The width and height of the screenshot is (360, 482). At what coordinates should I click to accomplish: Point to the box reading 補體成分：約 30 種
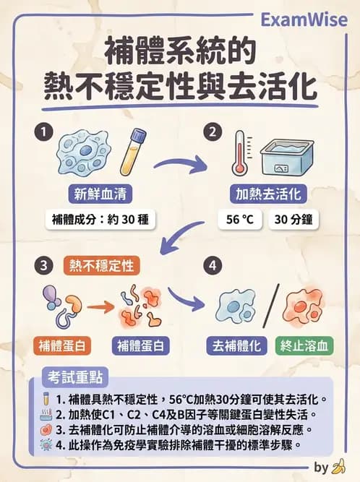coord(98,220)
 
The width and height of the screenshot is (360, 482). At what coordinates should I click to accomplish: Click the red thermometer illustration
coord(239,152)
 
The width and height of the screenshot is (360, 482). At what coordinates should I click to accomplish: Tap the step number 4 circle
coord(212,266)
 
